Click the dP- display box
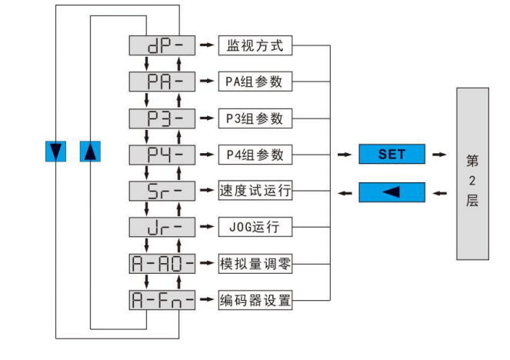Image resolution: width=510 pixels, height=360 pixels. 162,45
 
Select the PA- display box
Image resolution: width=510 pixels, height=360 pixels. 162,81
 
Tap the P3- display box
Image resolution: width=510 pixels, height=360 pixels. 162,118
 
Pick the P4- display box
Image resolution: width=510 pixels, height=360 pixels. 162,154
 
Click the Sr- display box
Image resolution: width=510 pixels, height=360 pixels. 162,191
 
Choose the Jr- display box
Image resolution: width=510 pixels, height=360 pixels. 162,228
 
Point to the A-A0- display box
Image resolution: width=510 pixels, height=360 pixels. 162,264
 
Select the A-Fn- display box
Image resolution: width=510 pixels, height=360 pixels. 162,301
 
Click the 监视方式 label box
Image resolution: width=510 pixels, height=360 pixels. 255,45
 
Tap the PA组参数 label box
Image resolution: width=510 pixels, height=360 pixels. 255,81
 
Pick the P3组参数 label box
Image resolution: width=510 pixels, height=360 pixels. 255,118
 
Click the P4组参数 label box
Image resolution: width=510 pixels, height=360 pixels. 255,154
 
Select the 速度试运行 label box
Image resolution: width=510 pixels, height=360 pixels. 255,191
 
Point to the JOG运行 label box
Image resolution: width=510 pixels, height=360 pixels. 255,228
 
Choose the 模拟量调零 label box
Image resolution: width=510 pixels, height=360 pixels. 255,264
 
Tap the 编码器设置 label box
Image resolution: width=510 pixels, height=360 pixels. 255,301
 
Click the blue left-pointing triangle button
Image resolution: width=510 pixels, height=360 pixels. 392,192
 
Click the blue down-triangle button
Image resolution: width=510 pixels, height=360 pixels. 56,152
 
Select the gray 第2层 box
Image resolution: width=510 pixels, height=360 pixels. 472,173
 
